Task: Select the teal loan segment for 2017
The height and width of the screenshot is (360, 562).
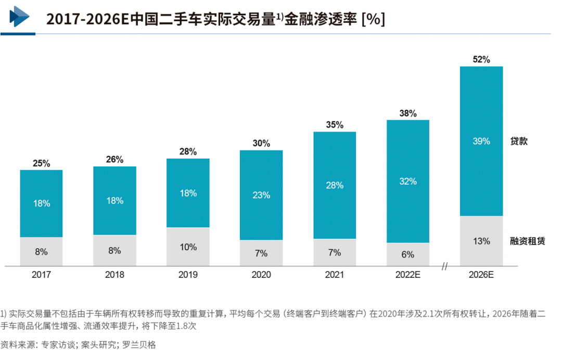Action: point(41,203)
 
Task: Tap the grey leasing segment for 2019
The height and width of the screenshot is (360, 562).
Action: point(188,247)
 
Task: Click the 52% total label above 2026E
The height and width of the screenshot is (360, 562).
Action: point(481,59)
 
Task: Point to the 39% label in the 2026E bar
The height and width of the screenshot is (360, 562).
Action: point(481,141)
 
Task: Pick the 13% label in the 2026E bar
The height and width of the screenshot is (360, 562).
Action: point(481,241)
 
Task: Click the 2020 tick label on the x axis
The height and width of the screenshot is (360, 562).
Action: point(261,275)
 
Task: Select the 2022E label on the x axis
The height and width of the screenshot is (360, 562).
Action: point(407,275)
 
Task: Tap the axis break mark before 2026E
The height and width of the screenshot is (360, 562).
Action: point(445,267)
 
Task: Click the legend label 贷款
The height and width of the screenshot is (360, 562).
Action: point(518,141)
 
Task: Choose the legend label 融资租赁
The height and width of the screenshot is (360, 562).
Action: point(527,241)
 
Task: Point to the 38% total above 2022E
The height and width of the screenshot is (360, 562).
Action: point(408,113)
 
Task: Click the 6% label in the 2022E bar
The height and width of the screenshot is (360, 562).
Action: point(408,254)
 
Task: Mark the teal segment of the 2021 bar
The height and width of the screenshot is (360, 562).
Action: point(335,185)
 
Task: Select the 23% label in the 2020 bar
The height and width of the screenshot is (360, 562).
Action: point(261,195)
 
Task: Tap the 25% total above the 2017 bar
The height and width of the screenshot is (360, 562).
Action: point(41,163)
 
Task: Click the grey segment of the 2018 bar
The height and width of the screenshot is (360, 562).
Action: point(114,251)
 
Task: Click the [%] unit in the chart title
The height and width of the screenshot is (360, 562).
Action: point(373,19)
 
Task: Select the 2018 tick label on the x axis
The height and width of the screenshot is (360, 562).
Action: point(114,275)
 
